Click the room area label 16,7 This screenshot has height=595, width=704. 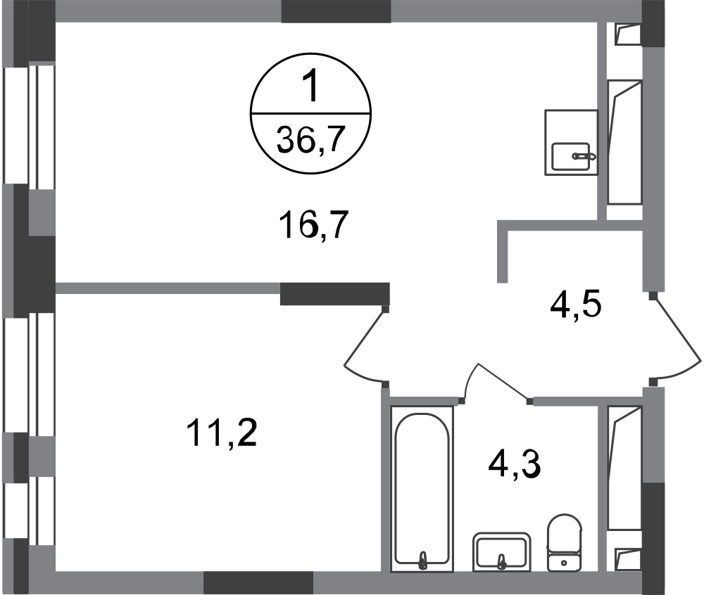(x=313, y=226)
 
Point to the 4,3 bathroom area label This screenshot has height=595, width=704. (x=515, y=464)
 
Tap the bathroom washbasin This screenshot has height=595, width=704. (x=501, y=552)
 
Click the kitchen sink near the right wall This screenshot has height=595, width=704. (x=571, y=156)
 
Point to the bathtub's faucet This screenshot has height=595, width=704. (x=422, y=560)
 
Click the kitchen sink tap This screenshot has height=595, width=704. (x=584, y=156)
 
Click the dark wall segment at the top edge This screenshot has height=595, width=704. (x=336, y=11)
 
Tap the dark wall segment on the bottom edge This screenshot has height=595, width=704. (x=258, y=582)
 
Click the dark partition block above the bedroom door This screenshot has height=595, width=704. (x=334, y=294)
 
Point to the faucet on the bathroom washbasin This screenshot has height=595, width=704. (x=502, y=560)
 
